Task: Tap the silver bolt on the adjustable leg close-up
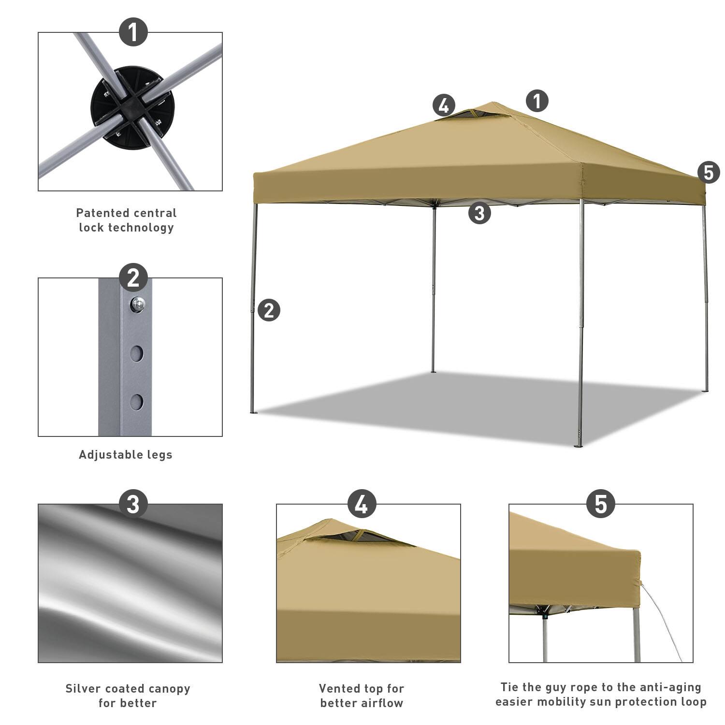(x=138, y=304)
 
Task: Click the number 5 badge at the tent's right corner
(x=709, y=173)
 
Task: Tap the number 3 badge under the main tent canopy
(x=479, y=213)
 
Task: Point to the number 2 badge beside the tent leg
(x=269, y=310)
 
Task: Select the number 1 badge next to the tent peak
(x=537, y=101)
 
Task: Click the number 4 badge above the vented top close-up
(x=361, y=505)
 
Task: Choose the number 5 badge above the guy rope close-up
(x=600, y=505)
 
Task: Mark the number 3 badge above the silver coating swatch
(x=133, y=505)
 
